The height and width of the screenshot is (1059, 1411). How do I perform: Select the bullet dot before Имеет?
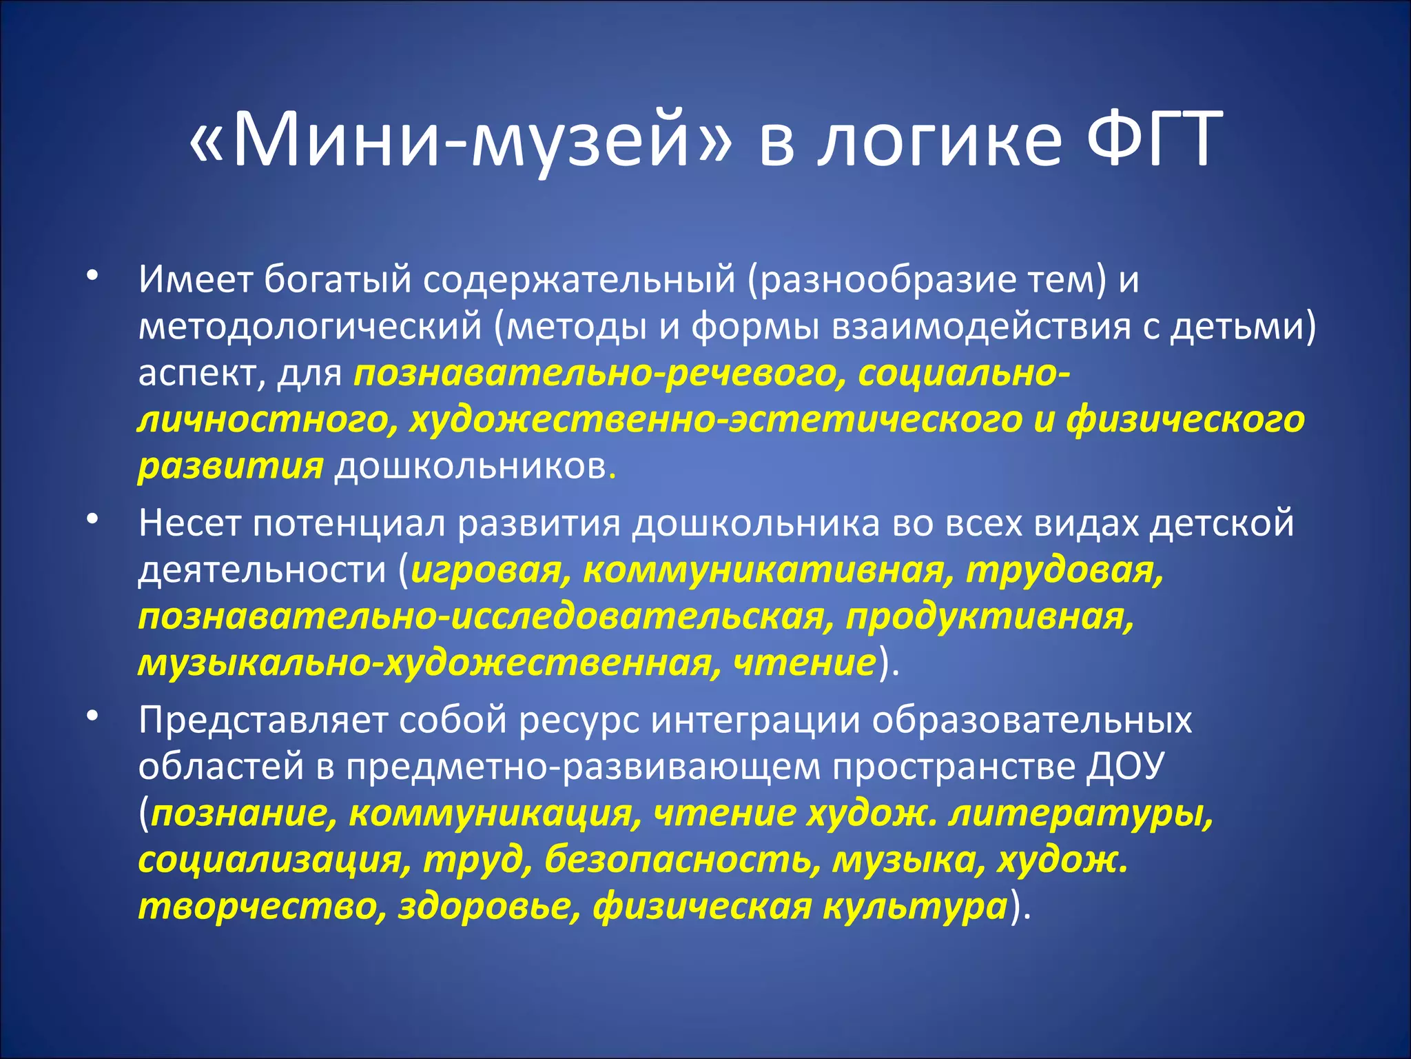92,276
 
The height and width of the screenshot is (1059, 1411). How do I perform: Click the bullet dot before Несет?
92,520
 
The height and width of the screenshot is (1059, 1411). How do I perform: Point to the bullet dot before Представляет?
92,716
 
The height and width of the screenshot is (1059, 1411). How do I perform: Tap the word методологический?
309,327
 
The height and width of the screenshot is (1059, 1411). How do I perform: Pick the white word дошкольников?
470,467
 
